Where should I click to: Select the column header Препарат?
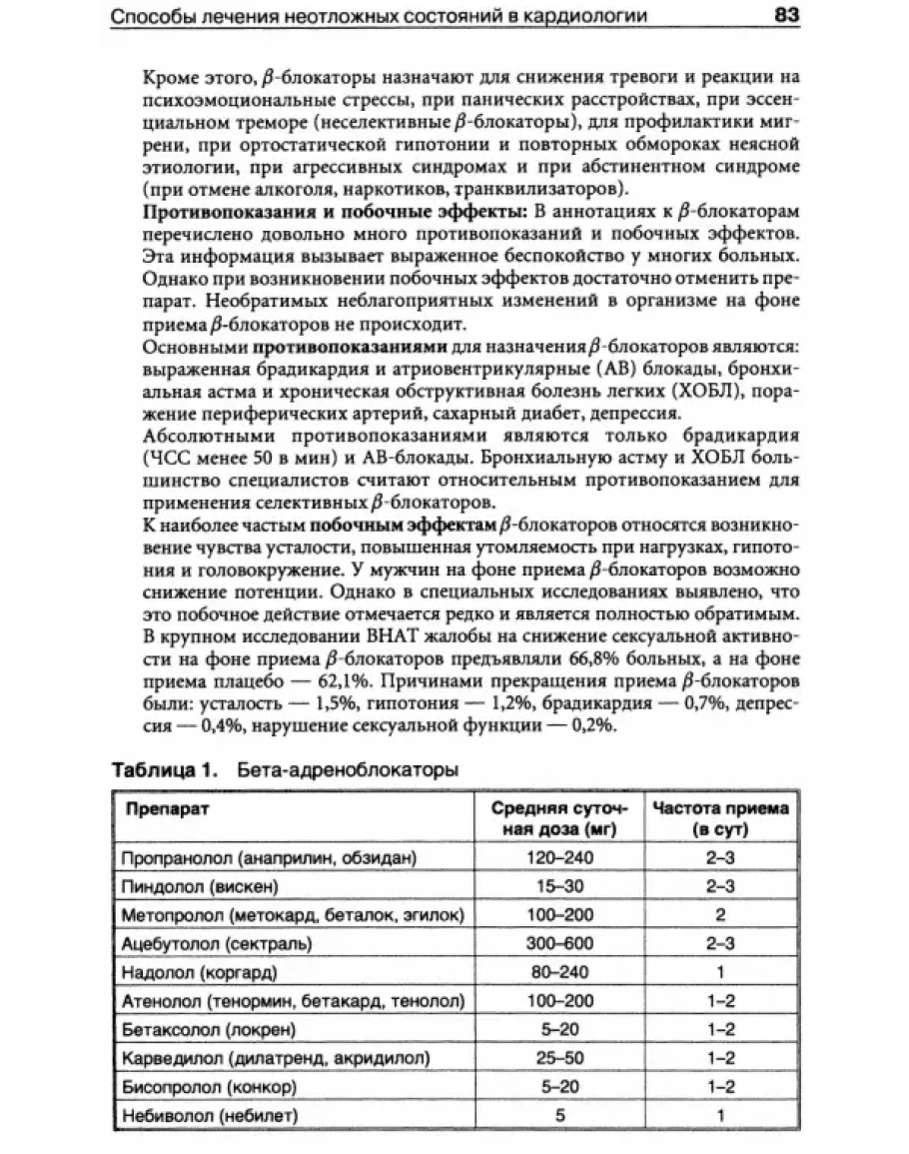(x=167, y=808)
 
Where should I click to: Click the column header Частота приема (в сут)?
(x=720, y=818)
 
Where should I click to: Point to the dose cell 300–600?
(x=560, y=942)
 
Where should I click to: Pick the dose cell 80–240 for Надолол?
(x=560, y=971)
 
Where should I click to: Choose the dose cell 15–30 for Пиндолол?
(x=560, y=886)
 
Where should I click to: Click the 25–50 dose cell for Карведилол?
(x=560, y=1056)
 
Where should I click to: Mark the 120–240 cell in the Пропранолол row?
(x=560, y=857)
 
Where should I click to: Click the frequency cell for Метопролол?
(x=720, y=914)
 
